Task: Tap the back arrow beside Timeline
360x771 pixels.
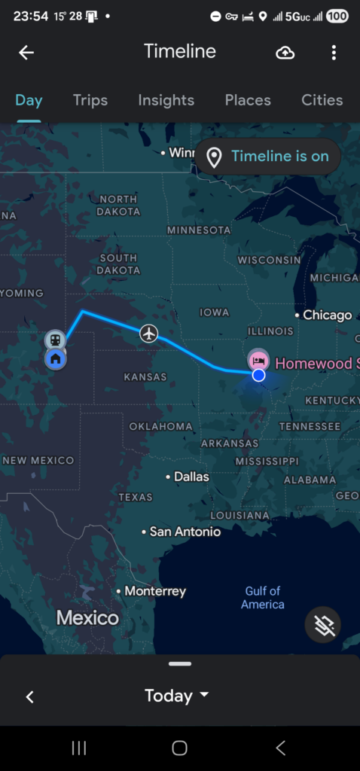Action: (x=26, y=52)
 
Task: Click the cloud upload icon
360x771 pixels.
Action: (x=285, y=52)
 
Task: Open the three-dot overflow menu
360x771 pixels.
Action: (x=334, y=52)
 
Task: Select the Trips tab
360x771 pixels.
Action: (x=90, y=100)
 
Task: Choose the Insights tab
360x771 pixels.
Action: (x=166, y=100)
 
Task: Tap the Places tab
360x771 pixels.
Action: (x=248, y=100)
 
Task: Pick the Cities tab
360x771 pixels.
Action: (x=322, y=100)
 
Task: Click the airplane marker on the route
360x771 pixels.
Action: (x=149, y=333)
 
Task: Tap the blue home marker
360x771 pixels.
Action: (x=55, y=359)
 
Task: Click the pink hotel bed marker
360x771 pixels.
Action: (x=258, y=359)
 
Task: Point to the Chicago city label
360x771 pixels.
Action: (x=327, y=315)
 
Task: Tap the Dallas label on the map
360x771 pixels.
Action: (x=191, y=477)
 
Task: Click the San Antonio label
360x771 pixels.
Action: (x=185, y=532)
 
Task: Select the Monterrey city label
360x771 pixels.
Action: (x=154, y=591)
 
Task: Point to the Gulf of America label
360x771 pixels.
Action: (x=263, y=598)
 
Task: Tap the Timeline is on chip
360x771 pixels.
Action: (x=269, y=157)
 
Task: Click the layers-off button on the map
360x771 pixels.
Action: (x=324, y=624)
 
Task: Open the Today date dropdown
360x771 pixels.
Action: (x=176, y=696)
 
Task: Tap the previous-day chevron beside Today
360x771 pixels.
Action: (x=30, y=696)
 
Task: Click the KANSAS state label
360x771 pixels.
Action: (x=145, y=376)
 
